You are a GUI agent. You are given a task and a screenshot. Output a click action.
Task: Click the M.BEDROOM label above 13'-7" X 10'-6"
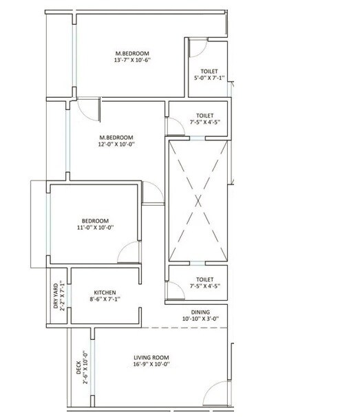click(132, 53)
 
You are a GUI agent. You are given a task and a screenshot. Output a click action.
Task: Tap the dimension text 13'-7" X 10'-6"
click(132, 61)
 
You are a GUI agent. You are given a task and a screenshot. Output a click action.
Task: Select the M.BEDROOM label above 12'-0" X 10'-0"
click(116, 137)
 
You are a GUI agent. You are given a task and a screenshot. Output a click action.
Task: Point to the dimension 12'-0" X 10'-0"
click(116, 145)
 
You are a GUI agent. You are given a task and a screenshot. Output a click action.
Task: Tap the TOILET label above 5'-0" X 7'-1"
click(209, 71)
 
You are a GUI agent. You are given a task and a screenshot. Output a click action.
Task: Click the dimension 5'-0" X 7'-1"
click(209, 78)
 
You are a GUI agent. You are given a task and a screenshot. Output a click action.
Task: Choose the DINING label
click(200, 312)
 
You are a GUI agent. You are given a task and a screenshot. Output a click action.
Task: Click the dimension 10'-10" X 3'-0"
click(200, 319)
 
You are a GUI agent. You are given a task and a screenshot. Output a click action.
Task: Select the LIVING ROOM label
click(152, 358)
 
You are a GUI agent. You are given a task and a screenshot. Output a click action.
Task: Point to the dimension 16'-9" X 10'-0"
click(152, 365)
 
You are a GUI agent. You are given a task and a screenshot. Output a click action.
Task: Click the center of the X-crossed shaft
click(198, 200)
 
